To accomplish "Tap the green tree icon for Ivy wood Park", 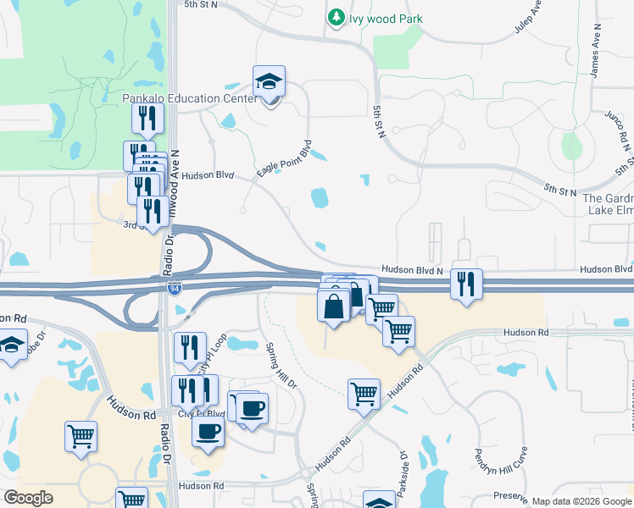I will (x=336, y=17).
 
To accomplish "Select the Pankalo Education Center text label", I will (x=189, y=99).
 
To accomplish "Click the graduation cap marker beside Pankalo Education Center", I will (x=270, y=83).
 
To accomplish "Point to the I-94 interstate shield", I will (x=174, y=290).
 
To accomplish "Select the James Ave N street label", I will (x=595, y=58).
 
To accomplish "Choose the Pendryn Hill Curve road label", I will (x=501, y=471).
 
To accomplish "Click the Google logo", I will (x=29, y=498).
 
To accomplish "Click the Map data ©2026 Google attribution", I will (x=582, y=501).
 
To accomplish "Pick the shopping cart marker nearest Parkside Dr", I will (x=364, y=394).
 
